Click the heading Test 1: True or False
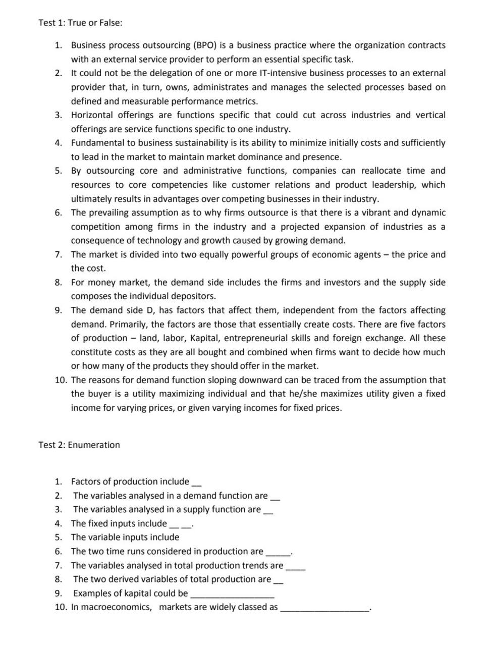point(80,23)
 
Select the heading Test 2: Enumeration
point(79,445)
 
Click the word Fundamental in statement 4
point(96,143)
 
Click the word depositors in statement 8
point(194,296)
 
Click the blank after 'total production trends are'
point(295,568)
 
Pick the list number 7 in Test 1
point(58,254)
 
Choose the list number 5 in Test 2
point(58,537)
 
